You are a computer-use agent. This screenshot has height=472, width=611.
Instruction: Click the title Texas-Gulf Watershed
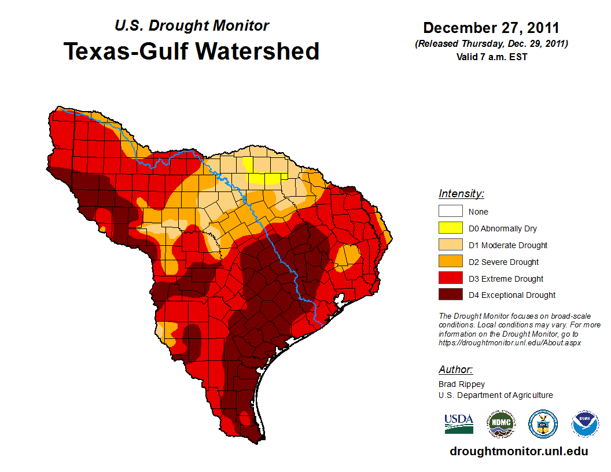pyautogui.click(x=191, y=51)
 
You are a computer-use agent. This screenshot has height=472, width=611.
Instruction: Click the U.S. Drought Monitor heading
pyautogui.click(x=192, y=26)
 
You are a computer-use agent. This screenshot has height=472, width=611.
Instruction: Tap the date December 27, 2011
pyautogui.click(x=491, y=28)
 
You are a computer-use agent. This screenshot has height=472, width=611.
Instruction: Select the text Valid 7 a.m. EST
pyautogui.click(x=491, y=57)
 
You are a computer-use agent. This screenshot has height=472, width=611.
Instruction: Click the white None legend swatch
pyautogui.click(x=450, y=212)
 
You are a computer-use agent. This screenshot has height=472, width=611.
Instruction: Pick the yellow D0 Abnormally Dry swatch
pyautogui.click(x=450, y=228)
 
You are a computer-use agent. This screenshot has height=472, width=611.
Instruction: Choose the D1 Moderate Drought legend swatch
pyautogui.click(x=450, y=245)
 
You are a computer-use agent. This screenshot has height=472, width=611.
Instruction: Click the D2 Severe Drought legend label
pyautogui.click(x=503, y=262)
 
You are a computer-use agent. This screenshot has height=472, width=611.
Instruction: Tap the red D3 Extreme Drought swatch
pyautogui.click(x=450, y=279)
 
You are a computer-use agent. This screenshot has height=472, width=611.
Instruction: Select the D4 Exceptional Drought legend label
pyautogui.click(x=511, y=295)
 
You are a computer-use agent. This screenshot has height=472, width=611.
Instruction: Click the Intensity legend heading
pyautogui.click(x=461, y=194)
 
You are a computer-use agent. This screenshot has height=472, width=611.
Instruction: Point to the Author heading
pyautogui.click(x=455, y=370)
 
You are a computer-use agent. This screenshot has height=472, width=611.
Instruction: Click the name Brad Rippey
pyautogui.click(x=462, y=384)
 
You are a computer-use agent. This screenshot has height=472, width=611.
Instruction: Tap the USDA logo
pyautogui.click(x=459, y=424)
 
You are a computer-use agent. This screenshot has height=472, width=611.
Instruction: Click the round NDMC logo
pyautogui.click(x=500, y=425)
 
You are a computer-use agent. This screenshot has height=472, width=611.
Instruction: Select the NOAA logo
pyautogui.click(x=585, y=425)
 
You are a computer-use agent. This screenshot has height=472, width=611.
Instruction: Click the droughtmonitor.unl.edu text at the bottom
pyautogui.click(x=518, y=452)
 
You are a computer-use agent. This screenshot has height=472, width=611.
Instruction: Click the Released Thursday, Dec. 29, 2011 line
pyautogui.click(x=491, y=44)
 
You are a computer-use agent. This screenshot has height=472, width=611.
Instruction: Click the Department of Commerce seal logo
pyautogui.click(x=543, y=425)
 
